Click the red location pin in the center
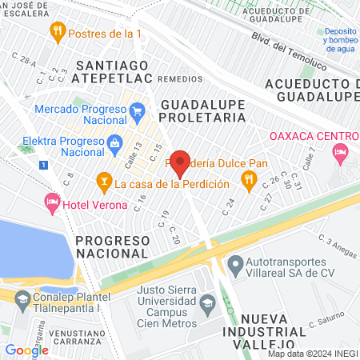(180, 163)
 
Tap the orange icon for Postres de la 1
(57, 33)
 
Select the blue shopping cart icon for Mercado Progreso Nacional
(138, 110)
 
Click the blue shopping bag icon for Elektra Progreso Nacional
(114, 143)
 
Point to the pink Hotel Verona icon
(53, 202)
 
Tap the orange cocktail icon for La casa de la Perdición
(103, 182)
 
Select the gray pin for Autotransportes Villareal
(235, 264)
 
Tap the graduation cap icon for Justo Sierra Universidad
(208, 303)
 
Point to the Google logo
(26, 350)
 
